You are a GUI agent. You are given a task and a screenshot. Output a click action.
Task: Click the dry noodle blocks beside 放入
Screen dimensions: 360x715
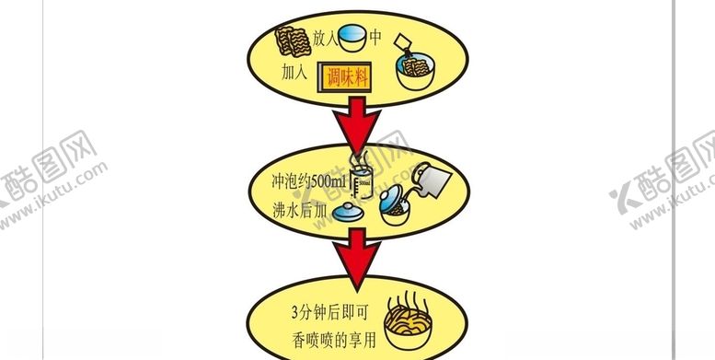tap(294, 41)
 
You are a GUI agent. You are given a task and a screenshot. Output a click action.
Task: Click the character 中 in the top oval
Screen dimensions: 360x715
tap(375, 38)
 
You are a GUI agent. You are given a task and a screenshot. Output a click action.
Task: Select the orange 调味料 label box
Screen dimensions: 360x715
tap(347, 77)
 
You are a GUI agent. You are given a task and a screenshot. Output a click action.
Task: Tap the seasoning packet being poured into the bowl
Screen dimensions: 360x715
tap(404, 44)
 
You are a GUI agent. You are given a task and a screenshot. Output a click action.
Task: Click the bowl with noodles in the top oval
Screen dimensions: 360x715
tap(415, 74)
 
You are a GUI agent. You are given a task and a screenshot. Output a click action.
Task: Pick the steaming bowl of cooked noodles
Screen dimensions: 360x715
tap(411, 331)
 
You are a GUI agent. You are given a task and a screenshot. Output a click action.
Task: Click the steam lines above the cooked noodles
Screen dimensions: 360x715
tap(410, 303)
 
